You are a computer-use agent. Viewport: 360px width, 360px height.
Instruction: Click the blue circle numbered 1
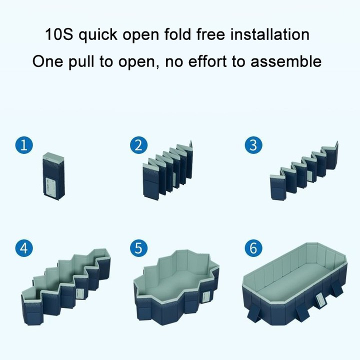coord(24,145)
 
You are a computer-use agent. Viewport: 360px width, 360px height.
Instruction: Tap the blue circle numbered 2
coord(138,145)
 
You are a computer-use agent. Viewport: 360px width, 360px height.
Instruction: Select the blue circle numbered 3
coord(253,145)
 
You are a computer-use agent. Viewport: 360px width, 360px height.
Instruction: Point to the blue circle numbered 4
coord(24,248)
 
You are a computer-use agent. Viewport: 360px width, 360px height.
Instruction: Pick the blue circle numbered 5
coord(138,248)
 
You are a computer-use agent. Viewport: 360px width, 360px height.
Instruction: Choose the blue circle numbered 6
coord(253,248)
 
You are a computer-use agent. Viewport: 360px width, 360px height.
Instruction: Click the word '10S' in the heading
coord(59,34)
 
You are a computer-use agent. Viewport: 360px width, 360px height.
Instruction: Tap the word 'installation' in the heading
coord(270,34)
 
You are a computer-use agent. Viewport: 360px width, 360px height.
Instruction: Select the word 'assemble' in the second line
coord(286,61)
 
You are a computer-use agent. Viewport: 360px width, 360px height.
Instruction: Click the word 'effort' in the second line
coord(207,61)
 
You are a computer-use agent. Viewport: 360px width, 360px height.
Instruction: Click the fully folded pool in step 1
coord(53,176)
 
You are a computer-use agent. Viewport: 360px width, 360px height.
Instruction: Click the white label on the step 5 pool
coord(206,298)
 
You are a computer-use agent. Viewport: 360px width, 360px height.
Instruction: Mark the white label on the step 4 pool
coord(79,293)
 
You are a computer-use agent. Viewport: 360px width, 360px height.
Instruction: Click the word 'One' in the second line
coord(47,61)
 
